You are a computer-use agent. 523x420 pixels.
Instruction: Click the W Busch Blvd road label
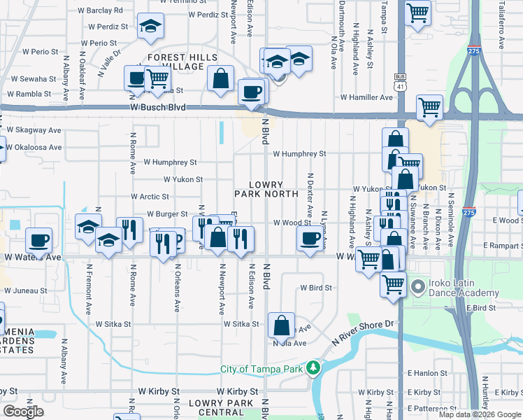click(x=159, y=108)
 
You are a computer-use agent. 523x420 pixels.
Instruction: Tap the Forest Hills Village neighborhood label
click(x=175, y=62)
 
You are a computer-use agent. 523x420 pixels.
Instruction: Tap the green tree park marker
click(x=315, y=367)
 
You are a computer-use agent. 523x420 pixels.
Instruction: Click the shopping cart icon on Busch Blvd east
click(x=429, y=108)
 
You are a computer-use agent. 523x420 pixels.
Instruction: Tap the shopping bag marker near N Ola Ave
click(x=281, y=325)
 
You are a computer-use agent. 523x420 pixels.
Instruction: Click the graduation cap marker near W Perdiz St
click(x=149, y=27)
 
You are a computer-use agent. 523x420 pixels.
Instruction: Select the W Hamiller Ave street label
click(x=366, y=97)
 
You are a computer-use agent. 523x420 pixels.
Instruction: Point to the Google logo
click(x=23, y=412)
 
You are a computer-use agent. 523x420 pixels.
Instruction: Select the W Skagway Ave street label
click(x=34, y=130)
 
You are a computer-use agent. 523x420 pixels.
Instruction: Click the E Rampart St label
click(x=501, y=246)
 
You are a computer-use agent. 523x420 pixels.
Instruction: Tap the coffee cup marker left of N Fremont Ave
click(x=39, y=240)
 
